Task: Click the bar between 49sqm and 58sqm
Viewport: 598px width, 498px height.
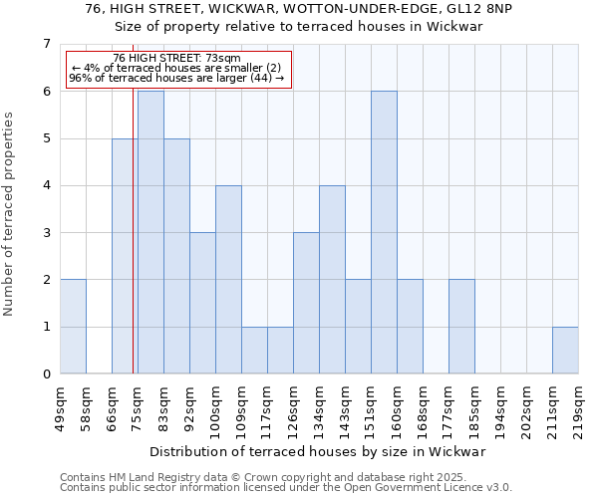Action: (x=73, y=327)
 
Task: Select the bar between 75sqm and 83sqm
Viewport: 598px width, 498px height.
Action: (x=150, y=232)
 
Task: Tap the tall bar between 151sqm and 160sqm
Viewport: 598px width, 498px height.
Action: (x=384, y=232)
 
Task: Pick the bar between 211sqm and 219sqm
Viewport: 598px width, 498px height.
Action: (x=565, y=350)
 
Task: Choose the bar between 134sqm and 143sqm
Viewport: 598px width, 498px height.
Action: (x=332, y=279)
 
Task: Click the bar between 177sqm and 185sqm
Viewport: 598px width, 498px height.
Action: (x=461, y=327)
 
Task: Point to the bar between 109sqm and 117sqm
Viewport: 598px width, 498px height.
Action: (x=254, y=350)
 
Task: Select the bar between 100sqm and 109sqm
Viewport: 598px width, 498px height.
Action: (x=228, y=279)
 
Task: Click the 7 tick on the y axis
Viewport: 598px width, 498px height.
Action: (x=46, y=44)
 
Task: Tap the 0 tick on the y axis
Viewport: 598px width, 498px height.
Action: (x=46, y=373)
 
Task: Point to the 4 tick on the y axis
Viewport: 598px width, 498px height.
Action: (x=46, y=185)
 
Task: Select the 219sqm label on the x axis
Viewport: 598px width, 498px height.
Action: (x=579, y=405)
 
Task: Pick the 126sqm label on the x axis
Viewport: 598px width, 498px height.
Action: (x=294, y=405)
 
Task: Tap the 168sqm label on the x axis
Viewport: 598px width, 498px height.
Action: (x=424, y=405)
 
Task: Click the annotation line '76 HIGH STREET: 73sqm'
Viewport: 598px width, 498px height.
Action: (x=176, y=59)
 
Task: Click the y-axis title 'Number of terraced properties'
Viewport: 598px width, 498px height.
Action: (x=10, y=213)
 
